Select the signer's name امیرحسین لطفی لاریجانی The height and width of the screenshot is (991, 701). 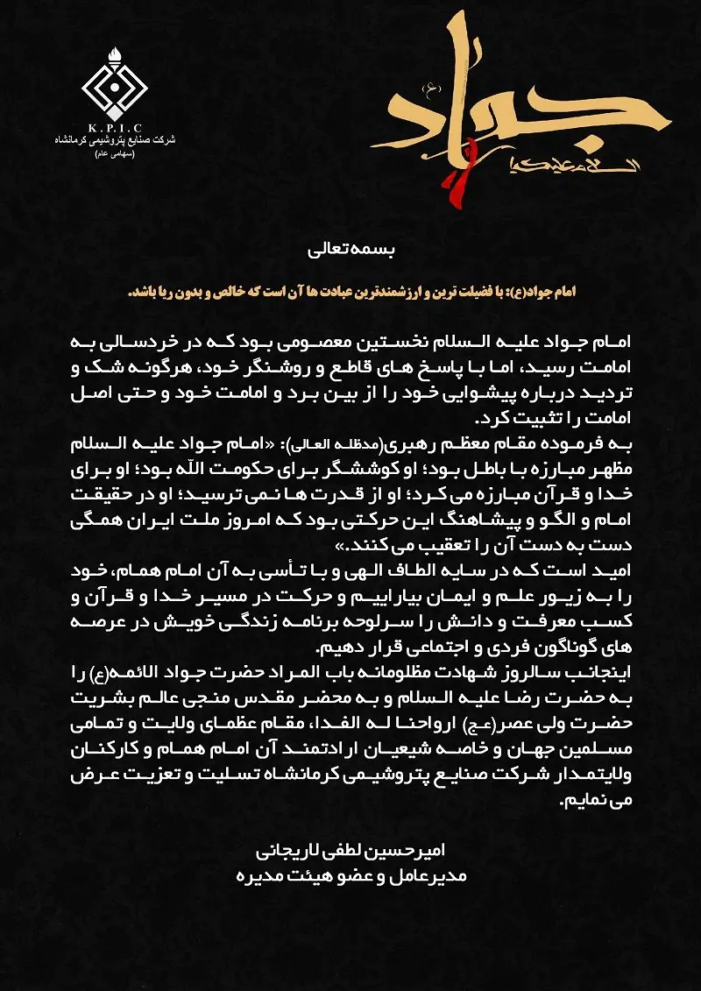click(x=350, y=849)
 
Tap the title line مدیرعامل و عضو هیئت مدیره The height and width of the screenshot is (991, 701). click(x=350, y=875)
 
